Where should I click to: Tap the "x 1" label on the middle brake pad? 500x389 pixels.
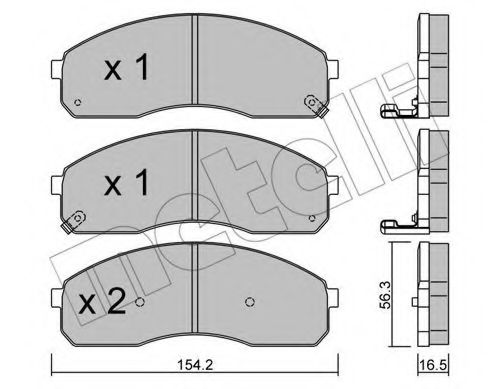tap(126, 184)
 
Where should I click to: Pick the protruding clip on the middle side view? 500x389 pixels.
tap(394, 223)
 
